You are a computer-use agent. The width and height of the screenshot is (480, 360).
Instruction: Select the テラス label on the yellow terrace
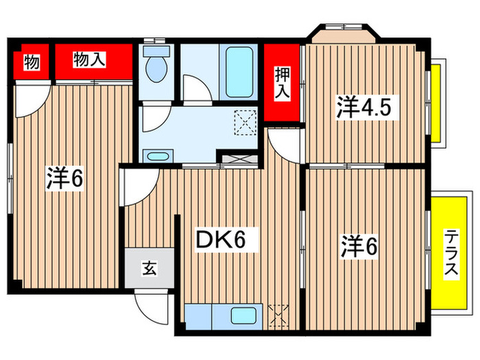450,253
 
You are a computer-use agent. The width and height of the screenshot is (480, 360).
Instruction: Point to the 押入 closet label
282,83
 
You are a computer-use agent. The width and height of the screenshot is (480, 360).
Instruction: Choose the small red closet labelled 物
31,62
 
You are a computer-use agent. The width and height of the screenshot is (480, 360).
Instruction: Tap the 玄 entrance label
149,267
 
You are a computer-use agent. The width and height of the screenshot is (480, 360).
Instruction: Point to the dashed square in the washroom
244,122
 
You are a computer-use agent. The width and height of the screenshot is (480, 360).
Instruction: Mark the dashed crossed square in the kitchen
280,315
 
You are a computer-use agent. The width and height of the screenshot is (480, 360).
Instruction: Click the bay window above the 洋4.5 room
340,32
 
